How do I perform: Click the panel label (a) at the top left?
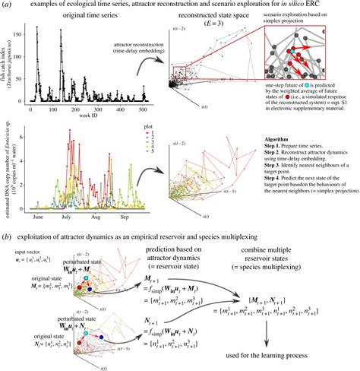coord(7,5)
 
